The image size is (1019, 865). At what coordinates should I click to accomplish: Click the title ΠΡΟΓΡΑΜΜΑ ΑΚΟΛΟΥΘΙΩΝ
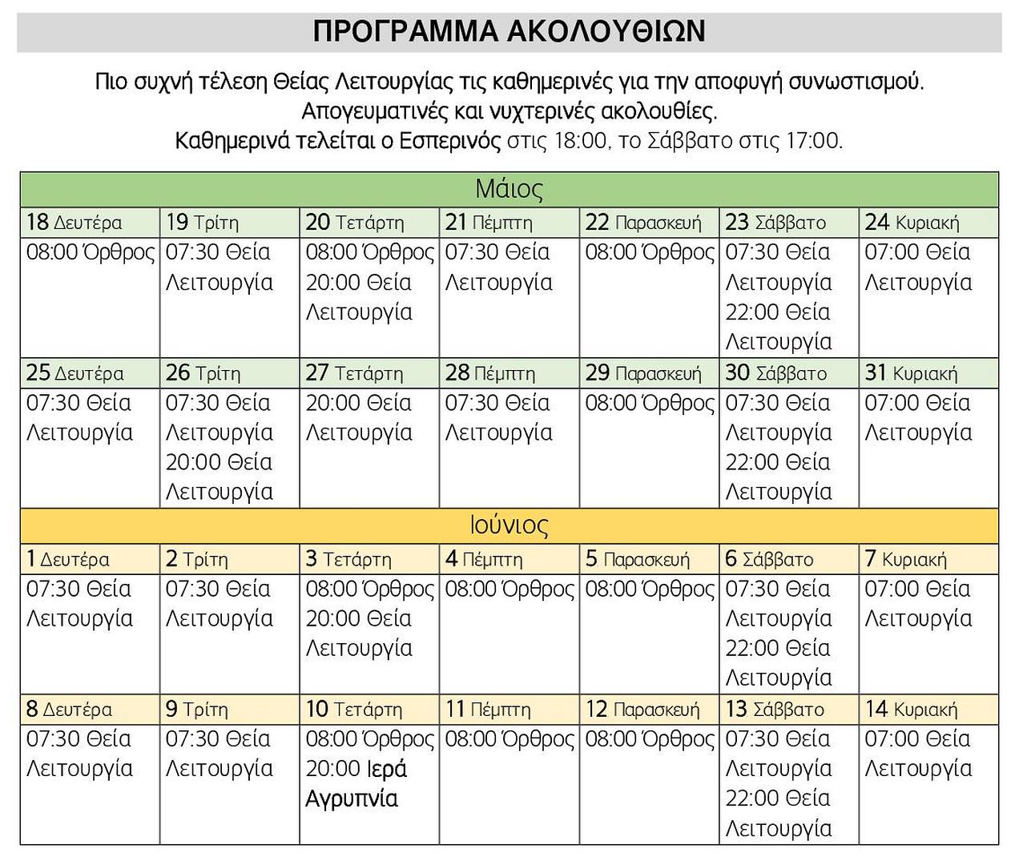click(509, 31)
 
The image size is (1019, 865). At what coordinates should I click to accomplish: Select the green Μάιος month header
click(509, 189)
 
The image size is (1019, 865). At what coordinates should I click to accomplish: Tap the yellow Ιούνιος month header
click(509, 525)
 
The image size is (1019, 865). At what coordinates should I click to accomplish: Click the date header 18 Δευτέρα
click(75, 223)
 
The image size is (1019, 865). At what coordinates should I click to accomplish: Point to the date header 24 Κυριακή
click(912, 223)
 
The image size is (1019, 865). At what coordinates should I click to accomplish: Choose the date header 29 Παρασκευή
click(642, 373)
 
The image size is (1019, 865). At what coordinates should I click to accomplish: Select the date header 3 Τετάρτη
click(348, 559)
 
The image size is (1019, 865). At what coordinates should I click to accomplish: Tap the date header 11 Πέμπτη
click(488, 710)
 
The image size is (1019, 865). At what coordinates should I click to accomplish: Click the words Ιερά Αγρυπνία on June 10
click(356, 783)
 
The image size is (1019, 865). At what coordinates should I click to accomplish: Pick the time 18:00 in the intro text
click(580, 141)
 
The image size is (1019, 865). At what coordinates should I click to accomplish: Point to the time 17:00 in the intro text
click(813, 141)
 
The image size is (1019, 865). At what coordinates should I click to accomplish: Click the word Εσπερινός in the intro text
click(449, 141)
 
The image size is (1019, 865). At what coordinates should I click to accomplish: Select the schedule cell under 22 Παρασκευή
click(649, 296)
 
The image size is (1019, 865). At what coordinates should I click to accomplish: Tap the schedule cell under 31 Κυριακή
click(928, 447)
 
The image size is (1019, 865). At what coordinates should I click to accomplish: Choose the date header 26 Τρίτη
click(203, 373)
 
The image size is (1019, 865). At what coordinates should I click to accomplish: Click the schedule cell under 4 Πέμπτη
click(509, 633)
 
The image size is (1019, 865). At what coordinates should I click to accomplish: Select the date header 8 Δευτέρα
click(69, 710)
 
